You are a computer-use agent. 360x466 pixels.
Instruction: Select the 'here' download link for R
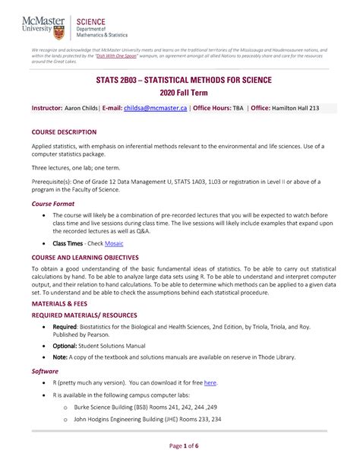(x=210, y=382)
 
